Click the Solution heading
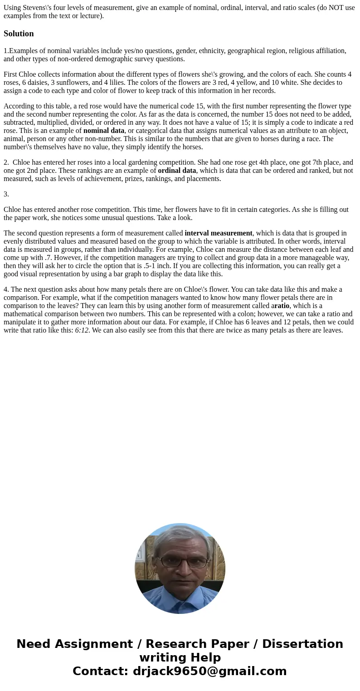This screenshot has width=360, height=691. tap(19, 34)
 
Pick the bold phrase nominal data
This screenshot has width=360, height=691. tap(104, 131)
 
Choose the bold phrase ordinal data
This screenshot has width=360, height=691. tap(177, 171)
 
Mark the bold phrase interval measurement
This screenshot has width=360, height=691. tap(219, 233)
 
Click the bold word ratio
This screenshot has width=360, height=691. tap(282, 306)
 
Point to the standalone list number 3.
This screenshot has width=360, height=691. tap(6, 194)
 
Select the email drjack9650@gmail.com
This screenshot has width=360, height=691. tap(210, 671)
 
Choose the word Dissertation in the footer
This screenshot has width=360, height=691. tap(302, 644)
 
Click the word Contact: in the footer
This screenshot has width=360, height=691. tap(101, 671)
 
